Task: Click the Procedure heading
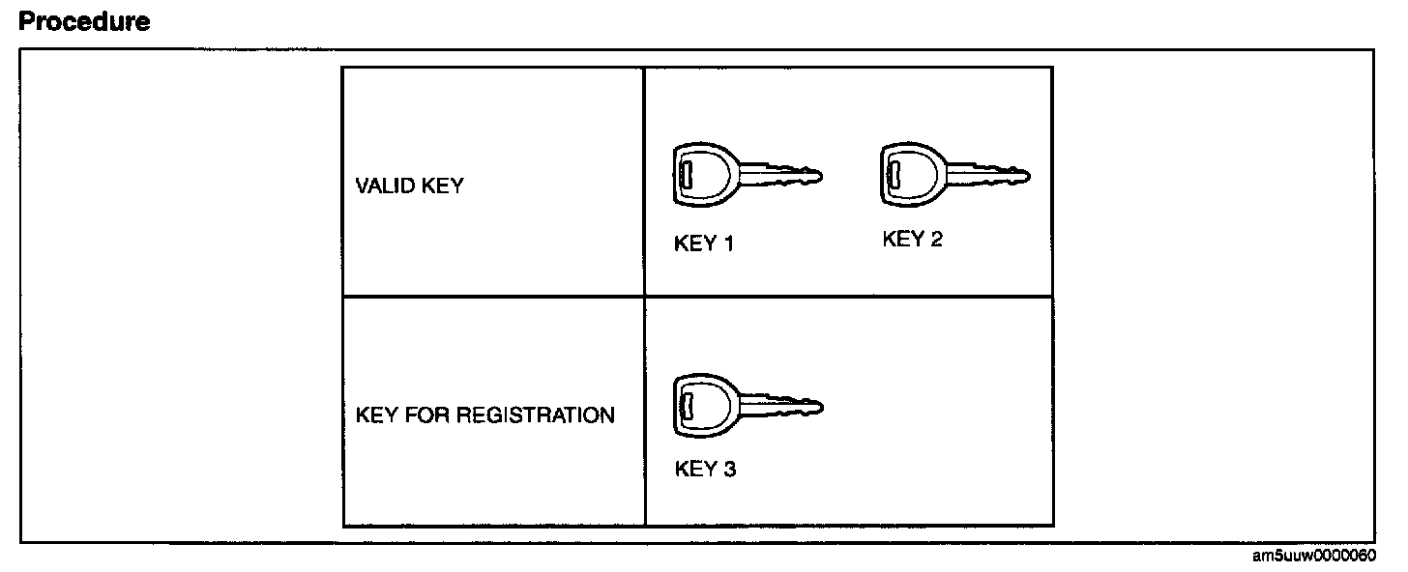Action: click(85, 21)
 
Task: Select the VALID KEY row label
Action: click(410, 186)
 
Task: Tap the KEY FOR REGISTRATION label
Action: click(485, 415)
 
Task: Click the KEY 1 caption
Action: click(704, 243)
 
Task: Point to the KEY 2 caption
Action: click(912, 239)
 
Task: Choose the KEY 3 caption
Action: click(705, 470)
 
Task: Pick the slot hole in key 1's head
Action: click(686, 176)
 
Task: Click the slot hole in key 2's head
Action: click(895, 175)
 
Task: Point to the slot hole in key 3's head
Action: click(687, 405)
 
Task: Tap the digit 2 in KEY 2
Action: click(936, 239)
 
